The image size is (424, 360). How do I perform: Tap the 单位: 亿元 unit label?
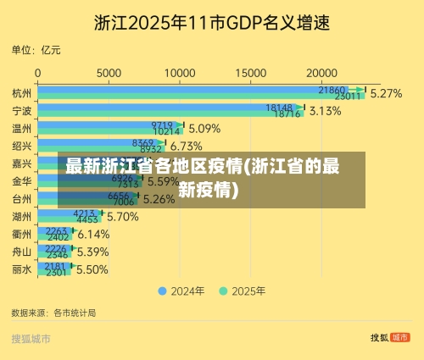pos(36,51)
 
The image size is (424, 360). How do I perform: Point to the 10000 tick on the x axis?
pos(180,74)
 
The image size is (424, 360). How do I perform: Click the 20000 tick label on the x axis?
pos(321,74)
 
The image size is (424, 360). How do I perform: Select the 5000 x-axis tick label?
pos(109,74)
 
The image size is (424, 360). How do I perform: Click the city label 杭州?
pos(22,92)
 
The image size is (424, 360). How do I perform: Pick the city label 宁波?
pos(22,111)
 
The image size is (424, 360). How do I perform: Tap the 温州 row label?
pos(22,129)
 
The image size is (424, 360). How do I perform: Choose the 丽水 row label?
pos(22,269)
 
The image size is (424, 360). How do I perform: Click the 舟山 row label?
pos(22,252)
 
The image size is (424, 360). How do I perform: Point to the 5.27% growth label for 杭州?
pos(386,93)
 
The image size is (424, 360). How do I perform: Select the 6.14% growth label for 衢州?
pos(93,234)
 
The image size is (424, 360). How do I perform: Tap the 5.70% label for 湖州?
pos(122,216)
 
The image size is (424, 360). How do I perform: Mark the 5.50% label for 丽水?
pos(92,269)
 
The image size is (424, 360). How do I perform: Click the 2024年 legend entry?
pos(181,291)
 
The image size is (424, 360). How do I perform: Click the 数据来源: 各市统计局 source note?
pos(53,313)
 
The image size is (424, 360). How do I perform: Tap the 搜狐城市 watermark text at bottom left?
pos(31,339)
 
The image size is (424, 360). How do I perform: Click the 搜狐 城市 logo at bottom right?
pos(389,337)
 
